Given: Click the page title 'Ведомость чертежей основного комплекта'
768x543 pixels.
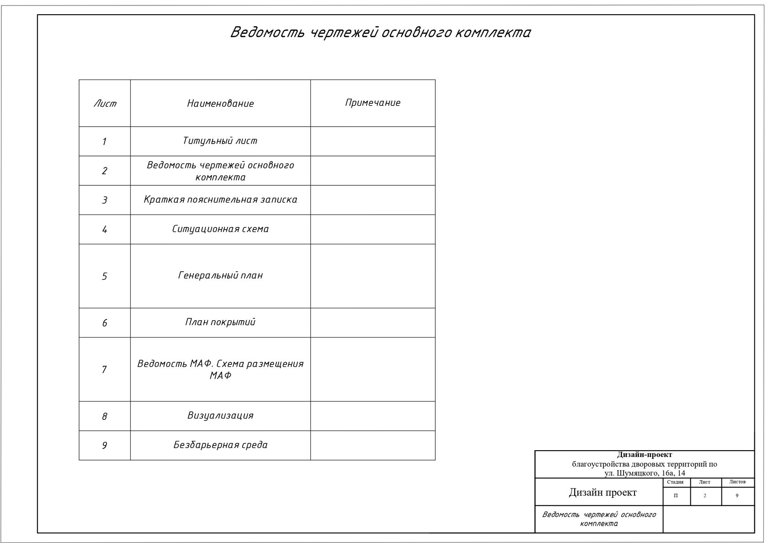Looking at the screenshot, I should pyautogui.click(x=380, y=32).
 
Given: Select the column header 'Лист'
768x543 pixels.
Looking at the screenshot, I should pyautogui.click(x=105, y=103).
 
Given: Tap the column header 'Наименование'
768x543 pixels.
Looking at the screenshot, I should pyautogui.click(x=220, y=103).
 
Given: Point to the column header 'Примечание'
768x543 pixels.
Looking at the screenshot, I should pyautogui.click(x=373, y=103).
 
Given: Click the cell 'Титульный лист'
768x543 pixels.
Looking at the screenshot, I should pyautogui.click(x=220, y=141).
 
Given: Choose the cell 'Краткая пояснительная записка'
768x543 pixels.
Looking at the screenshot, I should pyautogui.click(x=220, y=199).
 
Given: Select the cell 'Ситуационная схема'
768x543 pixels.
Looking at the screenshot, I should pyautogui.click(x=220, y=229).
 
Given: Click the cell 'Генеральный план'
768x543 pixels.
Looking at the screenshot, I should pyautogui.click(x=220, y=275).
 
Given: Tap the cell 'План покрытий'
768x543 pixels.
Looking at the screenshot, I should pyautogui.click(x=220, y=322).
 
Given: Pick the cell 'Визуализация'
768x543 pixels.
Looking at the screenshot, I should pyautogui.click(x=220, y=415).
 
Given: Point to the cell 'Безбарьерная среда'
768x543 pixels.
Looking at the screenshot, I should pyautogui.click(x=220, y=445).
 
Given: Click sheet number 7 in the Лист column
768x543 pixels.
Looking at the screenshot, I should pyautogui.click(x=104, y=370).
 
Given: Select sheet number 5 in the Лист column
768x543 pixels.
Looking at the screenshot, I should pyautogui.click(x=104, y=276).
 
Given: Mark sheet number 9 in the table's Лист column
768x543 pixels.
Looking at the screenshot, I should pyautogui.click(x=104, y=446).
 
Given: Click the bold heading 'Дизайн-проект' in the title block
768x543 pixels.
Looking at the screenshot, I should pyautogui.click(x=644, y=455).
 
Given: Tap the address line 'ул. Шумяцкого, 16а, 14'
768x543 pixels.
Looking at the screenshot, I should pyautogui.click(x=644, y=473).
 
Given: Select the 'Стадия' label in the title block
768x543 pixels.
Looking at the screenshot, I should pyautogui.click(x=675, y=482).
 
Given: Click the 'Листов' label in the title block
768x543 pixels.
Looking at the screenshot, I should pyautogui.click(x=737, y=482).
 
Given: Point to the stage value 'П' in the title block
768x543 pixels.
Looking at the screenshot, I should pyautogui.click(x=676, y=496).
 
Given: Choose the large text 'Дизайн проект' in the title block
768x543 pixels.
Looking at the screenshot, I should pyautogui.click(x=603, y=492).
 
